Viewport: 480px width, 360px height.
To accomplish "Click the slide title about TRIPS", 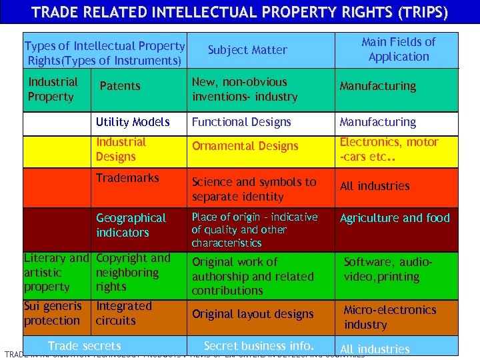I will click(x=240, y=12).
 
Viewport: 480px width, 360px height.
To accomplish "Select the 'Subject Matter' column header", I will click(x=247, y=50).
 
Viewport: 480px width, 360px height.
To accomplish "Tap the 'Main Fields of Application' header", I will click(x=398, y=49).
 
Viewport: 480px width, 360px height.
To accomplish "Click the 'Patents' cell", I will click(x=120, y=86).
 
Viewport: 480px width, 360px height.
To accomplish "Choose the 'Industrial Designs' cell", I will click(x=121, y=149).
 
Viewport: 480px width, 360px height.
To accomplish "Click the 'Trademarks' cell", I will click(x=127, y=178).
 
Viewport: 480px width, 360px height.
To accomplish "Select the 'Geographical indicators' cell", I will click(x=131, y=225).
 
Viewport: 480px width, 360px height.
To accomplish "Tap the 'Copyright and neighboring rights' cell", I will click(x=133, y=272).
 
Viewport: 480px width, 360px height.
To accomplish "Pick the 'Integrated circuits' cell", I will click(x=124, y=313).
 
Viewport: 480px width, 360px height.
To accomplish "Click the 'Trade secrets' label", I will click(x=85, y=345).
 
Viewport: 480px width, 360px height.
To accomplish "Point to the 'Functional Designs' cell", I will click(x=241, y=122).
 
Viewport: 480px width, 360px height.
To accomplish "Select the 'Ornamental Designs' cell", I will click(x=245, y=146).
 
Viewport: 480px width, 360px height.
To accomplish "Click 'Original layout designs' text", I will click(x=253, y=314).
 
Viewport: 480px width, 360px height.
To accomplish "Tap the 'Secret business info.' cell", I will click(x=259, y=345).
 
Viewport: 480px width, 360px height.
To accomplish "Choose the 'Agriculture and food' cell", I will click(x=395, y=218).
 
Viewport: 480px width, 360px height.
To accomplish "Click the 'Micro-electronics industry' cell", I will click(x=390, y=317).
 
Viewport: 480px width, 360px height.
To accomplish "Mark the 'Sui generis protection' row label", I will click(x=53, y=313).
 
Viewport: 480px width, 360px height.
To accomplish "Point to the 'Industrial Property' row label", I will click(x=53, y=89).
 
